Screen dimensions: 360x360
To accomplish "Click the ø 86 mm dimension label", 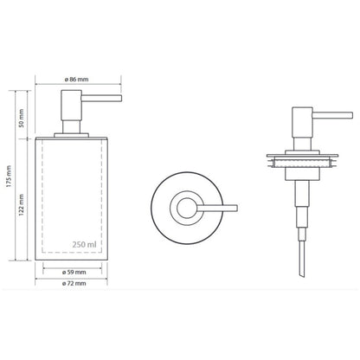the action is pyautogui.click(x=76, y=80).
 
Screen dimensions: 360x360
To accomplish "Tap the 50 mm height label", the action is pyautogui.click(x=22, y=118).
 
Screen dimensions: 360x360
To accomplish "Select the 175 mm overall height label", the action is pyautogui.click(x=9, y=176).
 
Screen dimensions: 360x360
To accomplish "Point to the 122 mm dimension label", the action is pyautogui.click(x=22, y=205).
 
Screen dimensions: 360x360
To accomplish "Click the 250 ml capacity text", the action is pyautogui.click(x=84, y=245).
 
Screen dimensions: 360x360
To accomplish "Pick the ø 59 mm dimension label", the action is pyautogui.click(x=74, y=272).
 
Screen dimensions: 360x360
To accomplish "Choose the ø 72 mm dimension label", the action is pyautogui.click(x=74, y=283).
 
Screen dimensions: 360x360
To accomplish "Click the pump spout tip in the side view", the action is pyautogui.click(x=121, y=99).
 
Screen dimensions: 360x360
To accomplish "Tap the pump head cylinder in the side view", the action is pyautogui.click(x=71, y=105).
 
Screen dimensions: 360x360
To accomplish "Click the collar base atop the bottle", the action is pyautogui.click(x=71, y=136).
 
